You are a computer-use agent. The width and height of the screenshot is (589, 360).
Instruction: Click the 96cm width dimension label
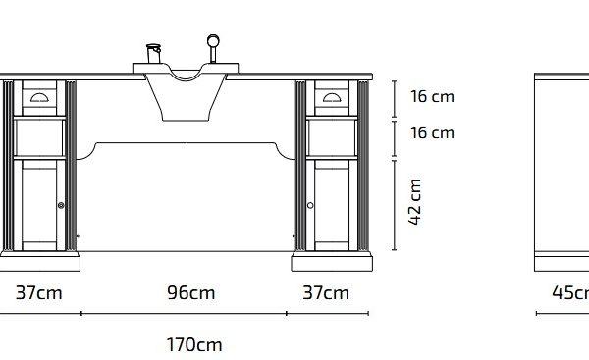click(190, 292)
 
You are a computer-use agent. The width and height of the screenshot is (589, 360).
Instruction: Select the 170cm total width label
click(193, 344)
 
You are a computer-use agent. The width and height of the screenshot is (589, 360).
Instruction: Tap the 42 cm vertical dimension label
click(414, 202)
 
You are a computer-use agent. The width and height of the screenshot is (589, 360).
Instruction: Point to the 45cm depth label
click(570, 292)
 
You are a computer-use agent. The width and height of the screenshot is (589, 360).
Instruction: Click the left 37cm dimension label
click(38, 292)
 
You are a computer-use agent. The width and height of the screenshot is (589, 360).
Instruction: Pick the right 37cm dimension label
click(326, 292)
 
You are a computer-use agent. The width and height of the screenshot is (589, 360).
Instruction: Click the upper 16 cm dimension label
click(432, 96)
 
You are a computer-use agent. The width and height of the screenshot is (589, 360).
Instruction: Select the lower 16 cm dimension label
click(432, 132)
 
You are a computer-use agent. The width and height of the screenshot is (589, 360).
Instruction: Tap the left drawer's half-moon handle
click(39, 97)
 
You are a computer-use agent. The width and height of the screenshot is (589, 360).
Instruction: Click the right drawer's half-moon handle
click(332, 97)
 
